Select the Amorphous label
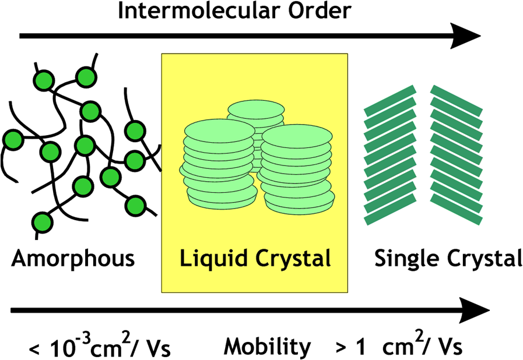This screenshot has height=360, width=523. [x=73, y=258]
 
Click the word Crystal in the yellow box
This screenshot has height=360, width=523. [x=292, y=257]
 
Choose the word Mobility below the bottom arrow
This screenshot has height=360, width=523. [x=268, y=347]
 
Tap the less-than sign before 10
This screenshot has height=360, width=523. [x=35, y=350]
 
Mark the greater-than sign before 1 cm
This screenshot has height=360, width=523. [x=342, y=348]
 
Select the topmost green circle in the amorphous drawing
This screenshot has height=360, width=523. [x=86, y=76]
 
